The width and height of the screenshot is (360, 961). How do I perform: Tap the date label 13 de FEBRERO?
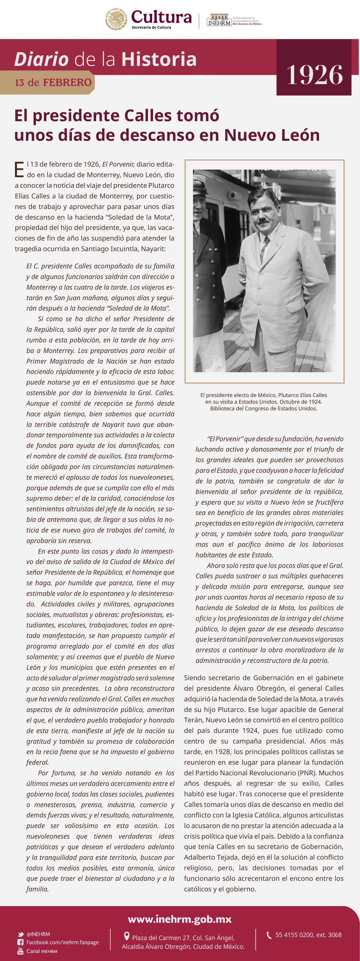click(53, 82)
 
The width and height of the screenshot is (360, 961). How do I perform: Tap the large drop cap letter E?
click(19, 170)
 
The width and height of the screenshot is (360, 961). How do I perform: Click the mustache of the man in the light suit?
click(263, 221)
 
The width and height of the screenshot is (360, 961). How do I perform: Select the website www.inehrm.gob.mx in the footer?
click(180, 919)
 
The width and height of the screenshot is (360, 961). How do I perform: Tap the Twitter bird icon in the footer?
click(21, 934)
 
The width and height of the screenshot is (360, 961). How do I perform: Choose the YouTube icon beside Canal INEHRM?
click(21, 951)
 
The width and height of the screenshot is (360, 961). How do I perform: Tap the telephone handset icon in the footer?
click(269, 935)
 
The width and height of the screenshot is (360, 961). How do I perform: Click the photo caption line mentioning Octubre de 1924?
click(263, 402)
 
